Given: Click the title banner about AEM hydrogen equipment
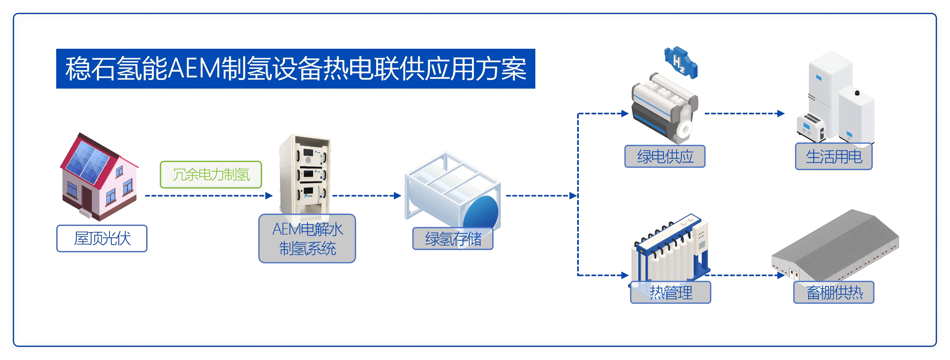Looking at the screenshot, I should coord(295,69).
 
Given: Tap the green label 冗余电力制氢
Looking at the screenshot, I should coord(211,174).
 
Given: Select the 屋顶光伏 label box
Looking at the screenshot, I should coord(102,238).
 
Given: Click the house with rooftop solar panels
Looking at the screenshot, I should coord(99,177).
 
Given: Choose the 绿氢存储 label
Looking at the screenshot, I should coord(453,239).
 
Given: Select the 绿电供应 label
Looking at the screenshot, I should coord(665,156).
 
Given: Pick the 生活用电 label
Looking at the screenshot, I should coord(833,157).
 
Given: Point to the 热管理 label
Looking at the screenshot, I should coord(670,292).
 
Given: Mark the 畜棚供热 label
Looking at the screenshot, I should coord(833,292).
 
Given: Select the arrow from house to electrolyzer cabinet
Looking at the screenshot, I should coord(208,196).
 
